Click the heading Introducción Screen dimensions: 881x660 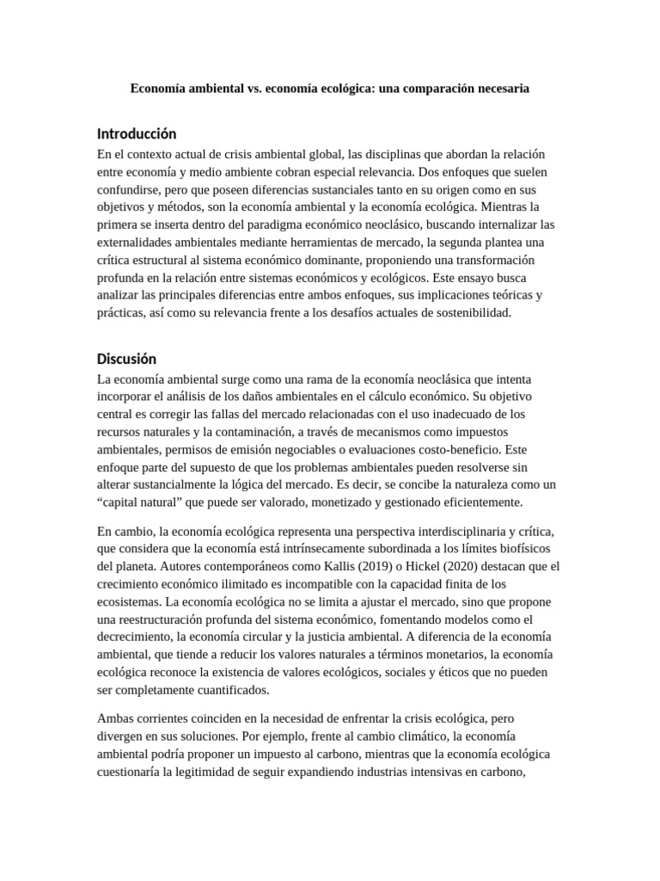click(137, 134)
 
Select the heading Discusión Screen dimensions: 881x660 click(127, 359)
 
